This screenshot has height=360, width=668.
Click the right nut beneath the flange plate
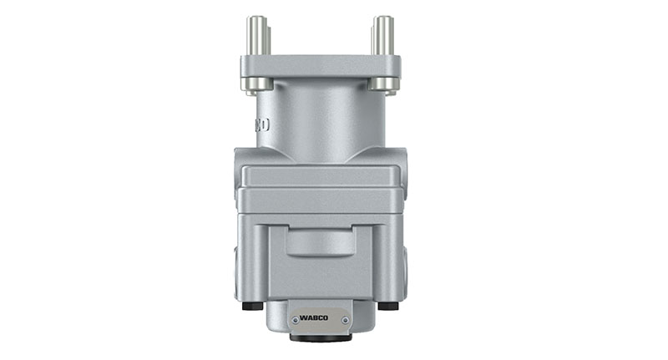(x=383, y=84)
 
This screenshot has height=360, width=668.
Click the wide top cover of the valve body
(x=320, y=175)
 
